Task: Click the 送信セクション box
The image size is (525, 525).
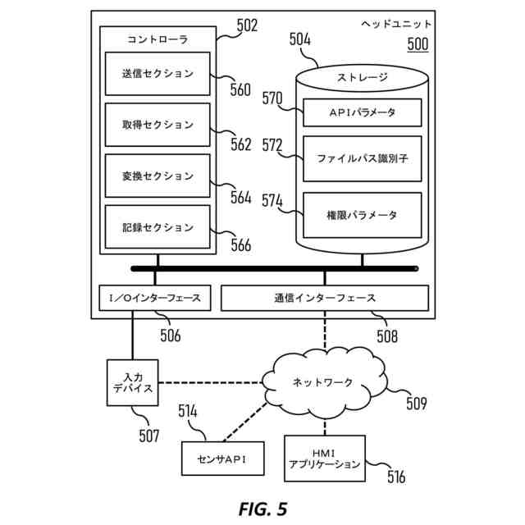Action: click(157, 74)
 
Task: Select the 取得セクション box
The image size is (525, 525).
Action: click(157, 125)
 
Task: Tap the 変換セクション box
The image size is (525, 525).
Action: click(157, 176)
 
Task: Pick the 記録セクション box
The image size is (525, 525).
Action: click(157, 227)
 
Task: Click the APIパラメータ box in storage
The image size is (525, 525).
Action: click(362, 112)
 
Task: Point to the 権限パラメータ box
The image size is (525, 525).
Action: click(362, 215)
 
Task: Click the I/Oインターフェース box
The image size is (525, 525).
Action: click(154, 298)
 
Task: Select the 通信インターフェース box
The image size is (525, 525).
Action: click(325, 298)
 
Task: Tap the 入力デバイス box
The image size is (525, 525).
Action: click(133, 382)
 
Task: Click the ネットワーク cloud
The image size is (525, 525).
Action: click(323, 382)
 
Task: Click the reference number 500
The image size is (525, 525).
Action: click(418, 44)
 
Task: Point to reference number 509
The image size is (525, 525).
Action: click(416, 403)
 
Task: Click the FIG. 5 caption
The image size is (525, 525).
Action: click(262, 509)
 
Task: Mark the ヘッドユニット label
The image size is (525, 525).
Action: click(397, 25)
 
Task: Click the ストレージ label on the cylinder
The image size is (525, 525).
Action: click(362, 78)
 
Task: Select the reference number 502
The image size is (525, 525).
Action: click(246, 25)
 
